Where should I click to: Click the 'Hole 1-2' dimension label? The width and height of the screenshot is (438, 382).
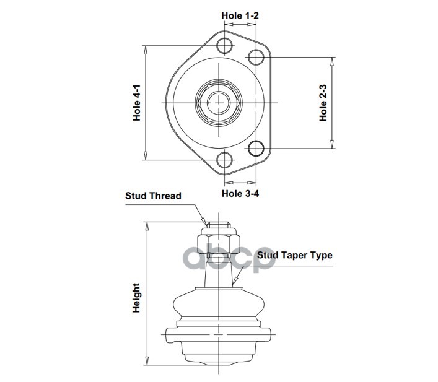(x=240, y=15)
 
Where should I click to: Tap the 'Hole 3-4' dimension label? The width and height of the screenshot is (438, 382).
(x=240, y=193)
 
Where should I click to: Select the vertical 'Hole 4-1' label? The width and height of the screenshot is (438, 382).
(x=136, y=103)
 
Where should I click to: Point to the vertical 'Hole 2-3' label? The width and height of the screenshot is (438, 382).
(x=323, y=103)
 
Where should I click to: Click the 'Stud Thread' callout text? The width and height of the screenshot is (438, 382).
(x=153, y=196)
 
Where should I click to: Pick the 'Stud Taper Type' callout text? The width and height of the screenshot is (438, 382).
(x=295, y=255)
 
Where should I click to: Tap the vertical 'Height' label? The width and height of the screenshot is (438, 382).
(x=136, y=298)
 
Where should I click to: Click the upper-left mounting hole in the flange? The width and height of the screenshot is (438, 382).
(x=225, y=46)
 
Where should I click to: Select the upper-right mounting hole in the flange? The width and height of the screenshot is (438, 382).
(x=256, y=57)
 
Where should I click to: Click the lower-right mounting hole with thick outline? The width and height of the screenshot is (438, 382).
(x=256, y=148)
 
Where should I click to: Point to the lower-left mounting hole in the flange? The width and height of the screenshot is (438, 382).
(x=225, y=160)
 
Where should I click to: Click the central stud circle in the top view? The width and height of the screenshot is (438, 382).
(x=219, y=103)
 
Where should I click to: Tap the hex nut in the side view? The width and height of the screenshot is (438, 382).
(x=219, y=244)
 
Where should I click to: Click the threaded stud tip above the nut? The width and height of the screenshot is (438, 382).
(x=219, y=225)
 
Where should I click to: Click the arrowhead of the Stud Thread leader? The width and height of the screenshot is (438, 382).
(x=205, y=222)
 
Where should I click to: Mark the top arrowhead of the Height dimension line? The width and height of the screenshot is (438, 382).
(x=146, y=226)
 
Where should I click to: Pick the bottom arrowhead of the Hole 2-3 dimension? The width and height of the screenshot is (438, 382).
(x=332, y=144)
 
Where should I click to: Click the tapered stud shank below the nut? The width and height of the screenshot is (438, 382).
(x=219, y=272)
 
